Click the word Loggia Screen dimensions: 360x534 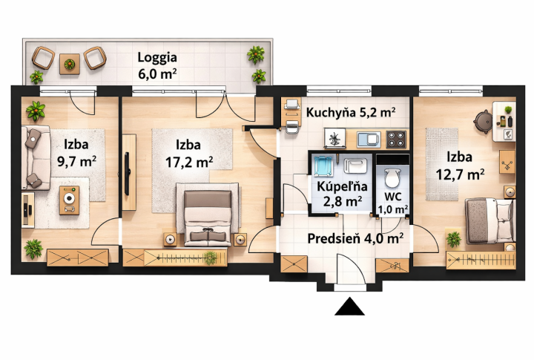[x=156, y=57]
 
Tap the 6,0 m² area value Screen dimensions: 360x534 [x=157, y=73]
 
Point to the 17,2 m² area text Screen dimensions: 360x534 [x=189, y=160]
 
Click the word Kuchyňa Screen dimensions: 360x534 [x=332, y=113]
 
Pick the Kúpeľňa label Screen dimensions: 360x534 [x=340, y=186]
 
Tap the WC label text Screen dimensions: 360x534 [x=392, y=197]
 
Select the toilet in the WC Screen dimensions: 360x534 [x=392, y=178]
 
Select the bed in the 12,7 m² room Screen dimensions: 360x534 [x=489, y=220]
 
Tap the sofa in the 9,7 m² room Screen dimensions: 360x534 [x=33, y=157]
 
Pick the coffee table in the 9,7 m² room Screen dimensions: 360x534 [x=69, y=200]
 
